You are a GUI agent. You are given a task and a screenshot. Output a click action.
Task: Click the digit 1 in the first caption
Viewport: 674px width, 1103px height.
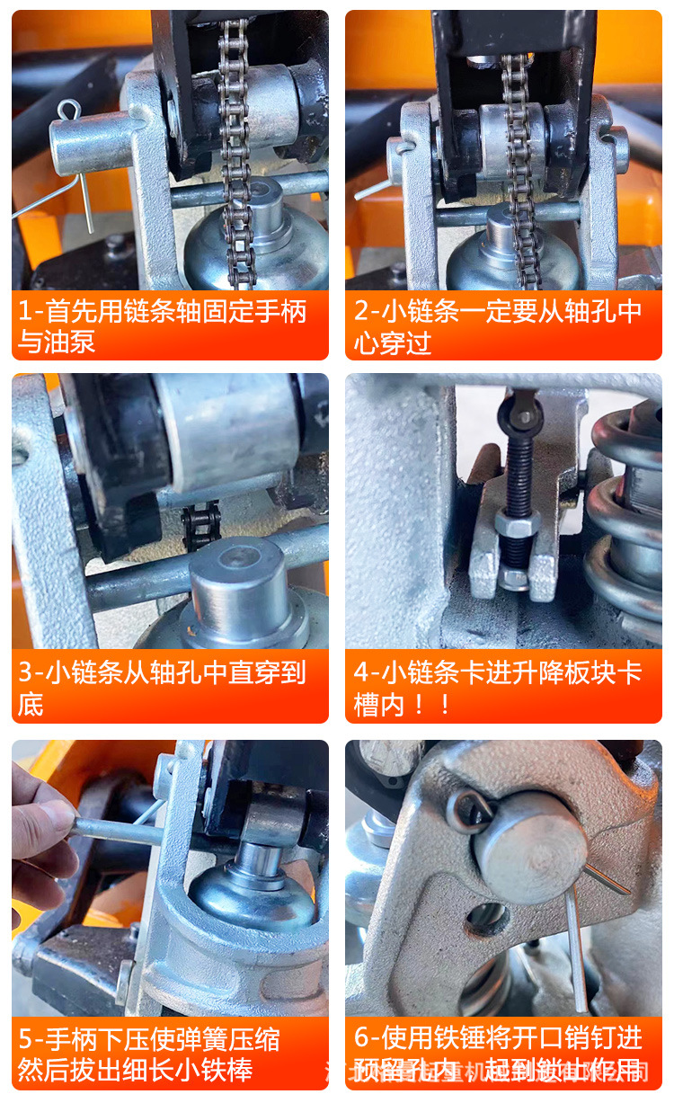(25, 312)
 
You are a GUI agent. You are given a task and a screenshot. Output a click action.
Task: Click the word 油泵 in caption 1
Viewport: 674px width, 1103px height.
(76, 342)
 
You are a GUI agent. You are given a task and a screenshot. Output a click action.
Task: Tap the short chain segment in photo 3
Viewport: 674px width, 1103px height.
(200, 525)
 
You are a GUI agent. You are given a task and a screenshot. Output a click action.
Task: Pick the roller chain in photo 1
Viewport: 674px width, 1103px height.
(236, 144)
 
